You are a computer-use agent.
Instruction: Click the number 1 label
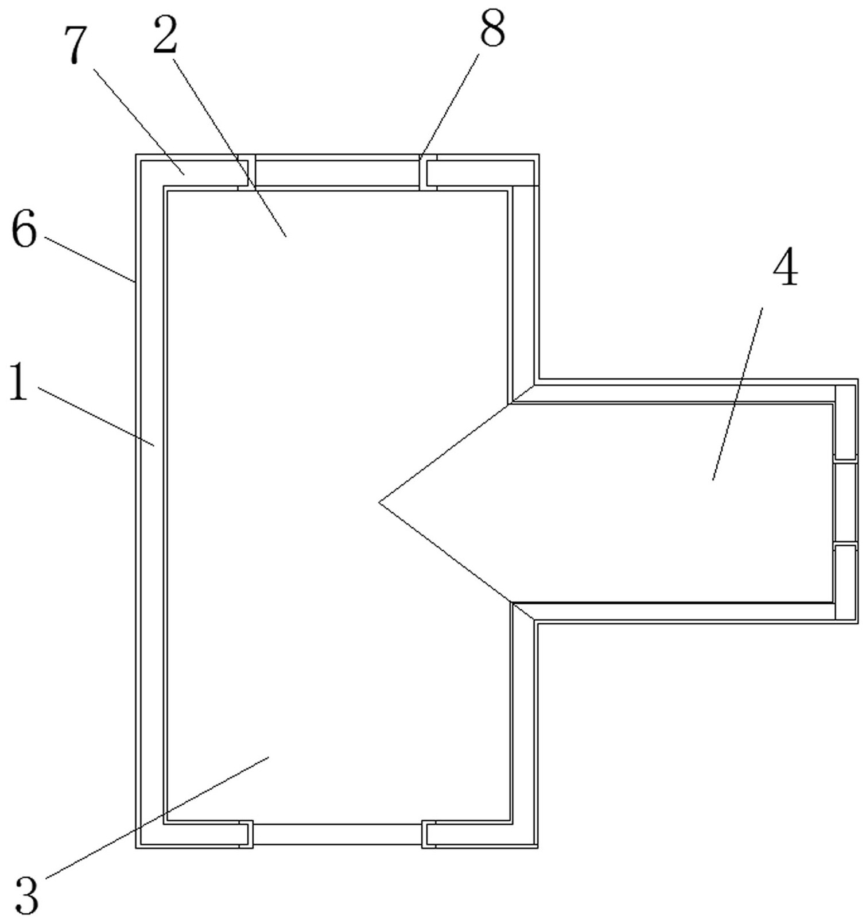pos(18,382)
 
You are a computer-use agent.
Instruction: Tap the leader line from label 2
pos(230,147)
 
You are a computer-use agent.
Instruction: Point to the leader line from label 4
pos(738,393)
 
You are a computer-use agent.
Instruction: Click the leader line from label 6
pos(89,259)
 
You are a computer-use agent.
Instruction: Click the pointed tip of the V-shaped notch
pos(380,503)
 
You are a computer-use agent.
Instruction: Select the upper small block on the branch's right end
pos(845,422)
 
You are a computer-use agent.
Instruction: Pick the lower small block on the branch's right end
pos(845,582)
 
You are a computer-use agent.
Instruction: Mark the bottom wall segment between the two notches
pos(337,835)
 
